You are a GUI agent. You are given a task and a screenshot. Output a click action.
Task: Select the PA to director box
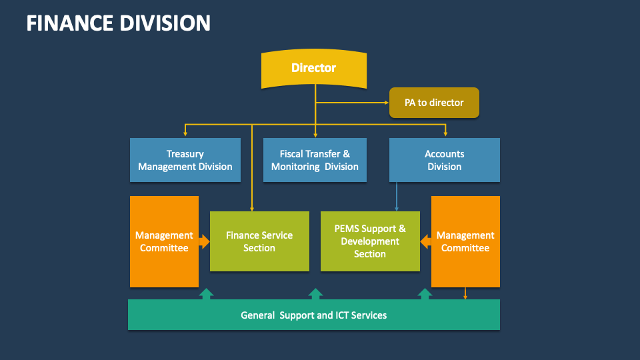pyautogui.click(x=434, y=103)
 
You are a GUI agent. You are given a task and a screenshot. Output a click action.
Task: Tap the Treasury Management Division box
pyautogui.click(x=185, y=160)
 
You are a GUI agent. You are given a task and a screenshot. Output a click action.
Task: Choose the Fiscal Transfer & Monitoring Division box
pyautogui.click(x=315, y=160)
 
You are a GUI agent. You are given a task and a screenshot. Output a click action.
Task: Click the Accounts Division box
pyautogui.click(x=444, y=160)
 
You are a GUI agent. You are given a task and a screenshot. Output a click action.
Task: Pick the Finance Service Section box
pyautogui.click(x=259, y=241)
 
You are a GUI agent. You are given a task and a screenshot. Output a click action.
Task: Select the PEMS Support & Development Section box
pyautogui.click(x=370, y=241)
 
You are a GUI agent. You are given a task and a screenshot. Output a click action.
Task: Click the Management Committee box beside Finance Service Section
pyautogui.click(x=164, y=241)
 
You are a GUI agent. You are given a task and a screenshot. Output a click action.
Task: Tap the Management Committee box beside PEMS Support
pyautogui.click(x=465, y=241)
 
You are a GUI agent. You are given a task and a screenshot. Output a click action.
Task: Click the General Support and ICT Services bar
pyautogui.click(x=313, y=315)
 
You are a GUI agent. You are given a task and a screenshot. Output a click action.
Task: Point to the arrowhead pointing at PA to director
pyautogui.click(x=385, y=103)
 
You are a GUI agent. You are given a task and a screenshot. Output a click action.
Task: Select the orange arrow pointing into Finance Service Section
pyautogui.click(x=204, y=241)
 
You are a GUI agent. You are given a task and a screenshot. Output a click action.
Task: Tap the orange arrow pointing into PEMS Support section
pyautogui.click(x=425, y=242)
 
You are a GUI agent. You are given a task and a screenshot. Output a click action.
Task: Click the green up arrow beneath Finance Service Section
pyautogui.click(x=207, y=293)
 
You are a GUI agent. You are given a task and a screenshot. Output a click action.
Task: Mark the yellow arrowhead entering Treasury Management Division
pyautogui.click(x=185, y=134)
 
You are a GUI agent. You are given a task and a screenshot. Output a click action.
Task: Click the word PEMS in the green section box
pyautogui.click(x=348, y=229)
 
